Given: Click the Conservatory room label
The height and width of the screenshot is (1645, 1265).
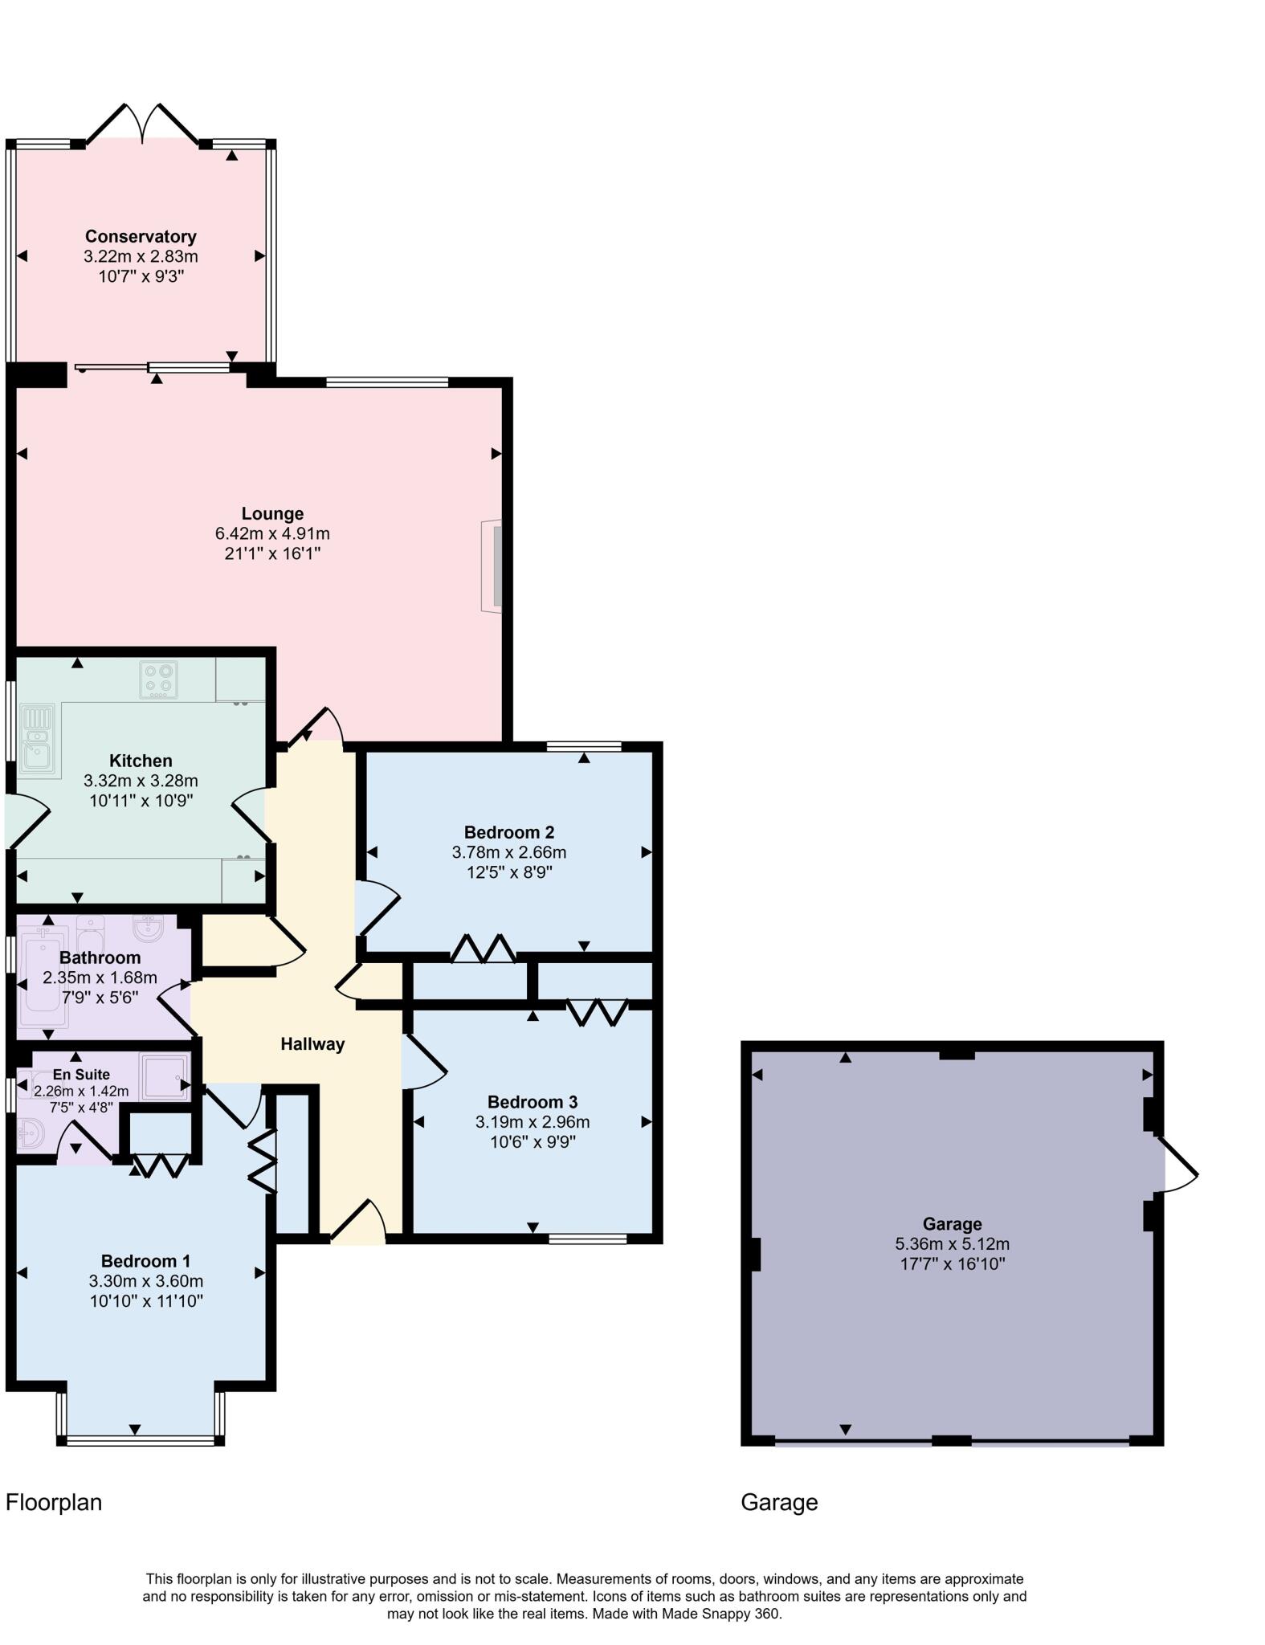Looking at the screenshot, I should click(141, 236).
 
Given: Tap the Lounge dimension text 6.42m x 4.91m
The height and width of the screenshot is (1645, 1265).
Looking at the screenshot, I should click(272, 533).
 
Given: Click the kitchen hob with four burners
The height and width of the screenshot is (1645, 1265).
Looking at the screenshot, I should click(158, 680).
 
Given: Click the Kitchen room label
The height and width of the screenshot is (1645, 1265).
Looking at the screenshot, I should click(141, 761).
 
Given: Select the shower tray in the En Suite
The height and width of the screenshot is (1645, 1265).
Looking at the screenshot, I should click(165, 1076).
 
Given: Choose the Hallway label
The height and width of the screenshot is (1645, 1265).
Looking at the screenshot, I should click(312, 1044).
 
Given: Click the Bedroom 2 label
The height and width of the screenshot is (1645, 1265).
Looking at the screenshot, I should click(509, 832).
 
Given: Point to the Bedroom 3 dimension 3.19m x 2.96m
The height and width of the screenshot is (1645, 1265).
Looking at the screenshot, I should click(532, 1122).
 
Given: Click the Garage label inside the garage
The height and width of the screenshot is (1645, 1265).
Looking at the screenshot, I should click(952, 1224).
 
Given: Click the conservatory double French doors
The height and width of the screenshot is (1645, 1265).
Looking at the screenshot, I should click(142, 124).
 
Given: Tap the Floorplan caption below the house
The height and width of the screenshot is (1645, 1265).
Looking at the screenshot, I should click(54, 1502).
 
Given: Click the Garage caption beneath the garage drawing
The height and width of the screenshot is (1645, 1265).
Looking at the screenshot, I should click(778, 1502).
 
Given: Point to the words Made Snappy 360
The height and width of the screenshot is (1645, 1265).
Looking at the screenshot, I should click(720, 1614).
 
